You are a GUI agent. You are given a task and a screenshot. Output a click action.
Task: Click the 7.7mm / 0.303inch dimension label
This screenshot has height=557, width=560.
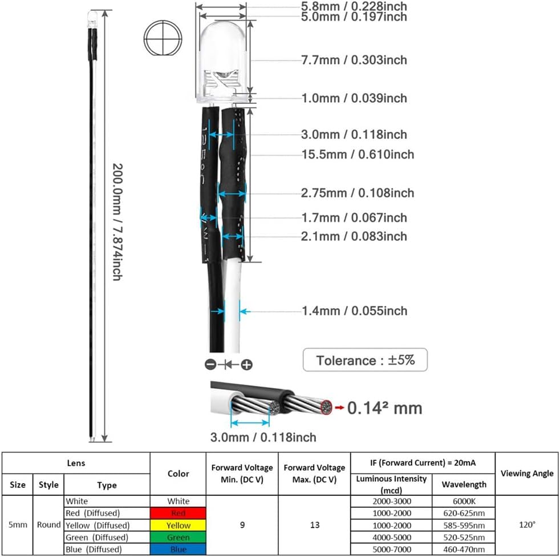[x=354, y=60]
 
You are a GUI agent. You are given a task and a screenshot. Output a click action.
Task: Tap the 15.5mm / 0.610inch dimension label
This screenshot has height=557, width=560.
[x=358, y=155]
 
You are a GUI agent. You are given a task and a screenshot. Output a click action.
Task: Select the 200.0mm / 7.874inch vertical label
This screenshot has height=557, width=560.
[x=117, y=222]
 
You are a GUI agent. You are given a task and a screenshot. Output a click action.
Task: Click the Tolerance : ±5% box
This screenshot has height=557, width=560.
[x=365, y=360]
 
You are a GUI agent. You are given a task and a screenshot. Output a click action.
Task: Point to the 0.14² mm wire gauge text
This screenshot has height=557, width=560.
[x=384, y=408]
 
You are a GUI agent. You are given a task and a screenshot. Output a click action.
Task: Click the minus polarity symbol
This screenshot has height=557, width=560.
[x=210, y=365]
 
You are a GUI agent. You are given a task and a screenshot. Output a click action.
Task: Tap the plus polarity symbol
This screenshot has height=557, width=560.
[x=247, y=365]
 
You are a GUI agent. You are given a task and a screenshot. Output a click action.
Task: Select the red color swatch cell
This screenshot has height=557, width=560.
[x=178, y=514]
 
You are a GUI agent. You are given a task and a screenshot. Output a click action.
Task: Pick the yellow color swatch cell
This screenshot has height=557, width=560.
[x=178, y=525]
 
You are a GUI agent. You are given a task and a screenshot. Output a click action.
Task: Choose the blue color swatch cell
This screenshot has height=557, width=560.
[x=178, y=549]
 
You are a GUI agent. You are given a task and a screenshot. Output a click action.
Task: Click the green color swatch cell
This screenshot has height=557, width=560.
[x=178, y=538]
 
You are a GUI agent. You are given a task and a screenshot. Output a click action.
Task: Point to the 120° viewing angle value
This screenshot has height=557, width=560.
[x=527, y=524]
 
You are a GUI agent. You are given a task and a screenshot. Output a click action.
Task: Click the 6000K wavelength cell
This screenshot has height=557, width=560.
[x=464, y=501]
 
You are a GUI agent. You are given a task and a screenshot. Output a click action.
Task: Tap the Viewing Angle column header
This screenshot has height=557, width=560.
[x=527, y=473]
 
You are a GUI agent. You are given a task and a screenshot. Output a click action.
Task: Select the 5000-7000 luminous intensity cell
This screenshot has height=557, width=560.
[x=392, y=549]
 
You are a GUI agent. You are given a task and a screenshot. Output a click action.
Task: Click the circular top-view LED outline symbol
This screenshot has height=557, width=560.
[x=163, y=38]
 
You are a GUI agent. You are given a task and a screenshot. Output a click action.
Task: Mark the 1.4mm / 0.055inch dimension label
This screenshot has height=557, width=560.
[x=354, y=311]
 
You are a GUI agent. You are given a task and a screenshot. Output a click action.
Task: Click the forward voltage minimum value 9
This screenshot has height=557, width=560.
[x=242, y=525]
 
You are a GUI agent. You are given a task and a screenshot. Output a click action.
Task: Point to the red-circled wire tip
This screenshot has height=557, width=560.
[x=326, y=407]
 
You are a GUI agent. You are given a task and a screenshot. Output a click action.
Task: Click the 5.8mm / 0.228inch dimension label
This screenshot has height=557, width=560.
[x=354, y=6]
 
